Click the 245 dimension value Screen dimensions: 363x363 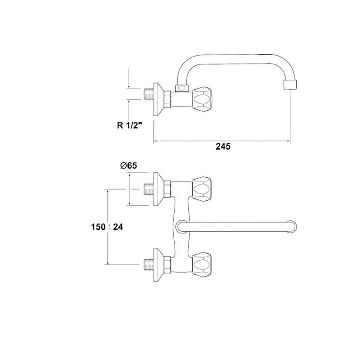click(x=223, y=147)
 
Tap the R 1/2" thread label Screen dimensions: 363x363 click(x=129, y=125)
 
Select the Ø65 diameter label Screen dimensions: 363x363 click(x=129, y=166)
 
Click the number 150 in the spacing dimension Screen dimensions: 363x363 click(x=98, y=227)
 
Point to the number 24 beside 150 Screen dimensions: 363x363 click(x=118, y=227)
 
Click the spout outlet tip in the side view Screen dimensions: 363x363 click(x=290, y=85)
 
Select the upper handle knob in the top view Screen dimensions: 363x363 click(x=202, y=189)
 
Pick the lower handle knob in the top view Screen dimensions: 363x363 click(x=202, y=265)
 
